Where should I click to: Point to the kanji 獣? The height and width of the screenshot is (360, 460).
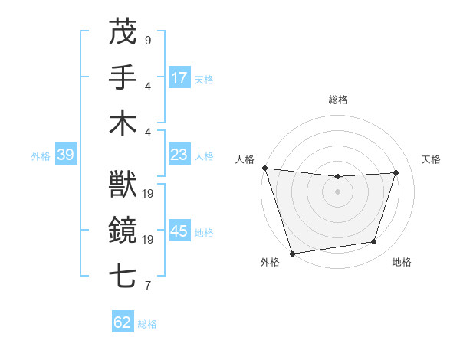pos(123,185)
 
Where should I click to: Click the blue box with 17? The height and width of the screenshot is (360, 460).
pos(179,77)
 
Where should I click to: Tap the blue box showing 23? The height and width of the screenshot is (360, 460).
pos(179,155)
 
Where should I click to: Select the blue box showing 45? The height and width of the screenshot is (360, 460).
pos(179,231)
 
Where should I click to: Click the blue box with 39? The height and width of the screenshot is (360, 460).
pos(65,155)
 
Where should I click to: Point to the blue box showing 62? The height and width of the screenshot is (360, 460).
pos(123,322)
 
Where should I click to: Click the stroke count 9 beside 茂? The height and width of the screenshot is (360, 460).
pos(148,40)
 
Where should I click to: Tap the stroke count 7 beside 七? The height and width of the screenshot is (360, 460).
pos(148,286)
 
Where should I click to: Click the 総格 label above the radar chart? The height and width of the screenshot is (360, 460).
pos(338,100)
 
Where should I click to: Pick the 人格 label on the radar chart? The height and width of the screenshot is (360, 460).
pos(245,159)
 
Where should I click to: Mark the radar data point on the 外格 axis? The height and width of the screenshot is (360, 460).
pos(292,253)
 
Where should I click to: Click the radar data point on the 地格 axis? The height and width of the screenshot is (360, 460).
pos(374,242)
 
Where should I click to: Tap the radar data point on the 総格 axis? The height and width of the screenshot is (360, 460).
pos(337,177)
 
